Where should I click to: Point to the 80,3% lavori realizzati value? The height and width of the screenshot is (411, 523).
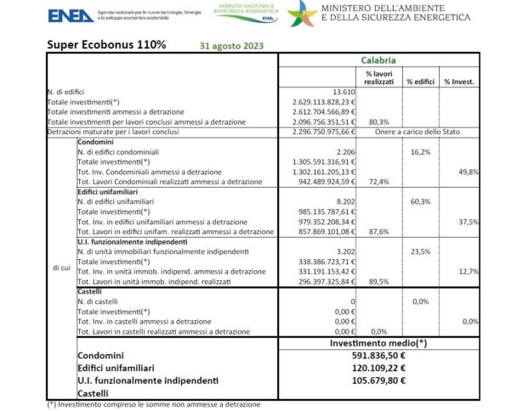[x=378, y=121]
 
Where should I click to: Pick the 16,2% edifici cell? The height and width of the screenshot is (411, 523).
[x=418, y=150]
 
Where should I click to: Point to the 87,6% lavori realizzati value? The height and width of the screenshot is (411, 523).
[x=378, y=230]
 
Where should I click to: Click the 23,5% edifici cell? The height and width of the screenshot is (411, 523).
[x=418, y=251]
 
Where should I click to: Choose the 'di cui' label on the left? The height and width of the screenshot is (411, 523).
[x=60, y=270]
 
